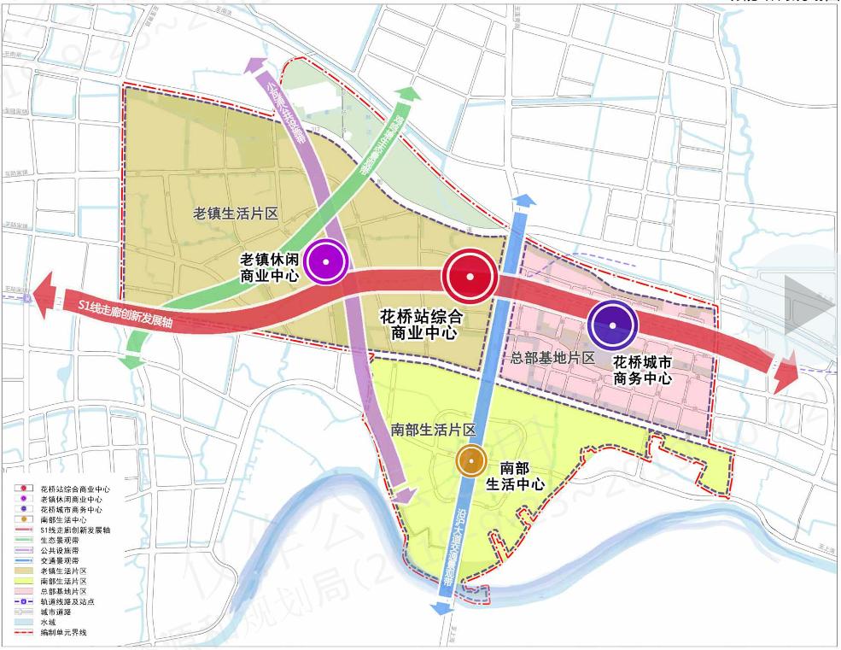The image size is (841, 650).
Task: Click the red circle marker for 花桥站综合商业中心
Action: [470, 276]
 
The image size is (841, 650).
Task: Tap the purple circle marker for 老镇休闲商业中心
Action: [326, 261]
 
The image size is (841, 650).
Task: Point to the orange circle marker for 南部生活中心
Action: [469, 460]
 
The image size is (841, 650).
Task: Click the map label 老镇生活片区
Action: [237, 214]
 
